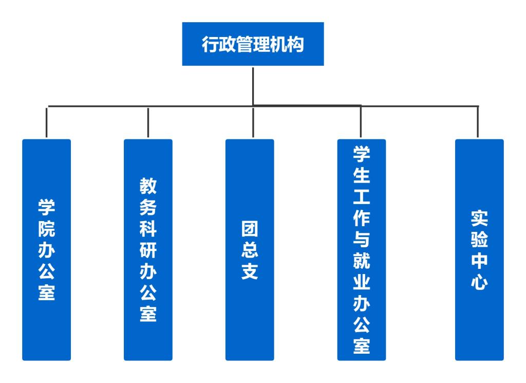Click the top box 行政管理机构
tap(253, 44)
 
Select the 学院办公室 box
tap(46, 249)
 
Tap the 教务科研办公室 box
tap(148, 249)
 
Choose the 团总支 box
tap(250, 249)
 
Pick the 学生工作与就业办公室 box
tap(361, 249)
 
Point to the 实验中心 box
tap(479, 249)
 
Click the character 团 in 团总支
tap(250, 229)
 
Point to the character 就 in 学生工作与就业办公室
tap(361, 262)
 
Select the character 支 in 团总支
tap(250, 271)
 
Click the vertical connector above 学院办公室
tap(47, 122)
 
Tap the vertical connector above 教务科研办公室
tap(148, 122)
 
